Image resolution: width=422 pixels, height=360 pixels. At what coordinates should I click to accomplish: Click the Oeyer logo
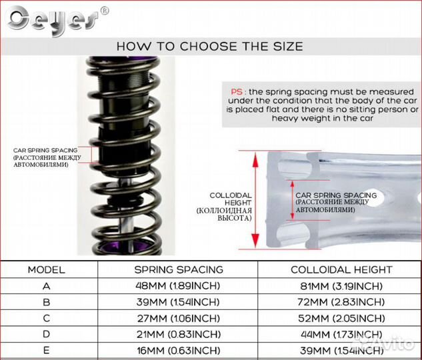click(53, 20)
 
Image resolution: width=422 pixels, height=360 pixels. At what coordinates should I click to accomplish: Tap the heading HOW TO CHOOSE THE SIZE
click(210, 46)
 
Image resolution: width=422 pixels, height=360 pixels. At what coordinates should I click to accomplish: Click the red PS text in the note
click(237, 92)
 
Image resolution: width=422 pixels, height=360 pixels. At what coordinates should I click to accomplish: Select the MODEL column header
click(47, 270)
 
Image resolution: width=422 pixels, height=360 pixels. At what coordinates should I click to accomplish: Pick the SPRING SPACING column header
click(179, 269)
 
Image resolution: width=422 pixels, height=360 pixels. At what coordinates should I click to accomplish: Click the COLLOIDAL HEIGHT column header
click(341, 269)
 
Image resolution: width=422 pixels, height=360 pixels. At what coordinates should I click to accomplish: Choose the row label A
click(46, 286)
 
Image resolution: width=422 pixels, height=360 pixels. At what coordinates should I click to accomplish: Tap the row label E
click(46, 350)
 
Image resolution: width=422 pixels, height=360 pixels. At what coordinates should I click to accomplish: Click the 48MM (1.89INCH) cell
click(178, 286)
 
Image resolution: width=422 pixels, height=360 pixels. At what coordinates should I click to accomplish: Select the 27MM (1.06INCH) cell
click(179, 319)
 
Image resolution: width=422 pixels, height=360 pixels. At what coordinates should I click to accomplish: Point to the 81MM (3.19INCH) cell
click(341, 286)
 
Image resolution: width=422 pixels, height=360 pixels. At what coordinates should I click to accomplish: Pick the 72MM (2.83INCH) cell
click(341, 302)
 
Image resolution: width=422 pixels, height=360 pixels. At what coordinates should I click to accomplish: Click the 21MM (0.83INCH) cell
click(179, 335)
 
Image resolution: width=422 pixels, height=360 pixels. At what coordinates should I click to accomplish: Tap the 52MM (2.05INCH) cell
click(341, 319)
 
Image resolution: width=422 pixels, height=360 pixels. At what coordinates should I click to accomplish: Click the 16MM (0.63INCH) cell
click(179, 351)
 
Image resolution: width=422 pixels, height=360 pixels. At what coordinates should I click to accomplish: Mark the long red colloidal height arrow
click(255, 199)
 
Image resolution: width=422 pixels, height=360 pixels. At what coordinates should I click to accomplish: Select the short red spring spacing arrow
click(293, 200)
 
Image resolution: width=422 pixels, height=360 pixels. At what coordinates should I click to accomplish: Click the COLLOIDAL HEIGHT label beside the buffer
click(231, 199)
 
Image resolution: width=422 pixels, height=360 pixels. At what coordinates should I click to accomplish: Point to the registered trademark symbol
click(105, 11)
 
